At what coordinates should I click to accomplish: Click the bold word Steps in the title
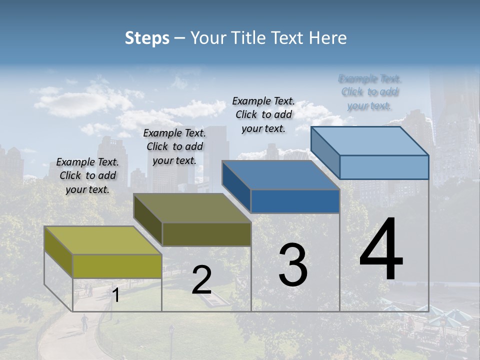click(147, 38)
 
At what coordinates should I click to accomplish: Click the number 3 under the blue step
click(293, 265)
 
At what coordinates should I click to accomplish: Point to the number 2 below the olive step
click(201, 280)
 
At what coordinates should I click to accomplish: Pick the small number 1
click(116, 295)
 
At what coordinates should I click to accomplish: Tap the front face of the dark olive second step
click(206, 234)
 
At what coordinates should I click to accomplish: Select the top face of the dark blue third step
click(280, 175)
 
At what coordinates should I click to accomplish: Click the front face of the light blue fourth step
click(384, 167)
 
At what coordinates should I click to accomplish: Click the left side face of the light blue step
click(325, 150)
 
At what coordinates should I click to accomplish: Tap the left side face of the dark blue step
click(236, 184)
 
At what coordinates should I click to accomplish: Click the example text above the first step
click(87, 175)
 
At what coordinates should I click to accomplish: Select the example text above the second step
click(174, 146)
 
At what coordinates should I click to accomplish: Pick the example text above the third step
click(263, 114)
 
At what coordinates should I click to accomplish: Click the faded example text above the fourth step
click(369, 92)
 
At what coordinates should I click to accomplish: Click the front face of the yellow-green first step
click(117, 266)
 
